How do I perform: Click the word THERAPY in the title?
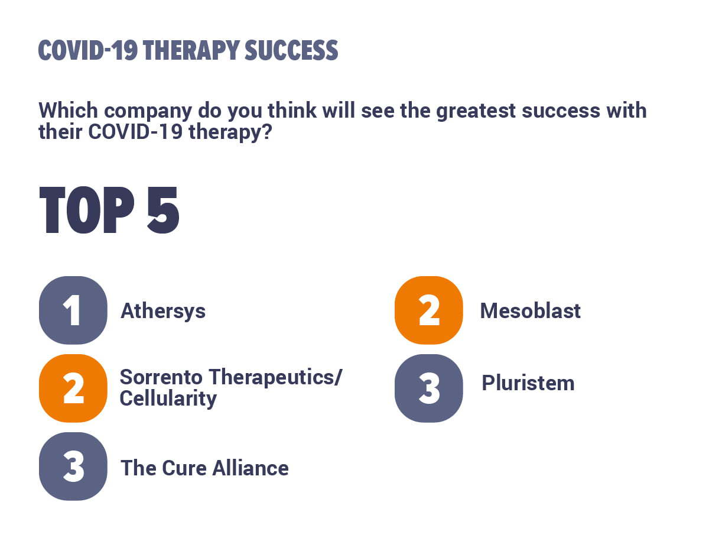click(192, 50)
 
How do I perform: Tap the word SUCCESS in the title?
click(291, 50)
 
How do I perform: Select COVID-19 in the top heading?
click(88, 50)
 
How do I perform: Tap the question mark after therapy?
click(267, 132)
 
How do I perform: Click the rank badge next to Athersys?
click(73, 310)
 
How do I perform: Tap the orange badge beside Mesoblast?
click(428, 310)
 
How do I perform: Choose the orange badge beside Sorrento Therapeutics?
click(73, 388)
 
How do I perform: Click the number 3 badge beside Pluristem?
click(428, 388)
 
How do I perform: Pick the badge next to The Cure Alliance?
click(73, 467)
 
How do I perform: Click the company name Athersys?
click(163, 312)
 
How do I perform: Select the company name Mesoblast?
click(531, 311)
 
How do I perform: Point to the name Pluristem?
click(528, 383)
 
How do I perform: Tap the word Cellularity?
click(168, 399)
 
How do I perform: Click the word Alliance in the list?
click(251, 468)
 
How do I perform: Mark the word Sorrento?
click(161, 377)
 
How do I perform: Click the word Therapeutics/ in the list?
click(275, 378)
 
